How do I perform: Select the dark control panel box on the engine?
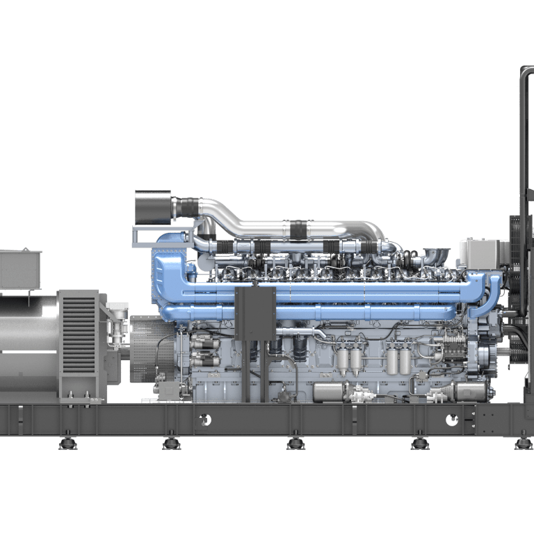(255, 314)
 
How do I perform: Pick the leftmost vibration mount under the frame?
(67, 442)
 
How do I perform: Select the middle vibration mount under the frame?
(296, 442)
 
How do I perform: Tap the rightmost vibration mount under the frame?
(524, 442)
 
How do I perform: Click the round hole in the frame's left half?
(204, 419)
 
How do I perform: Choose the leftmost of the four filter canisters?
(343, 360)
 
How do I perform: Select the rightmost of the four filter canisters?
(405, 360)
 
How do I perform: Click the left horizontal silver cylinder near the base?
(330, 392)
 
